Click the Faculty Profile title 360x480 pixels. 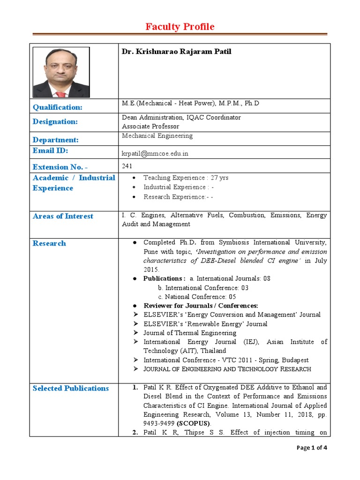point(180,27)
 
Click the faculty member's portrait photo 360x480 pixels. point(61,72)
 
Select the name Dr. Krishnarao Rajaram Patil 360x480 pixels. point(177,52)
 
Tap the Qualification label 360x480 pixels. point(57,107)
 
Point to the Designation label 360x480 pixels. point(55,122)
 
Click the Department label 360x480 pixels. point(55,140)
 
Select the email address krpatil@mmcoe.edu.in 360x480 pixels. point(155,153)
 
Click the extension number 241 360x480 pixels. point(127,165)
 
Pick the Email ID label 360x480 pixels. point(50,150)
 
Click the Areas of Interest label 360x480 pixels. point(63,216)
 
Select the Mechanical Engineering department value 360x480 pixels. point(157,136)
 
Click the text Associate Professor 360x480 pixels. point(150,127)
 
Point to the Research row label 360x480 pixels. point(49,243)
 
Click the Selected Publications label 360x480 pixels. point(71,388)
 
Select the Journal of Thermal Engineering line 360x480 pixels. point(190,333)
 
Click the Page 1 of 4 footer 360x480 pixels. point(312,448)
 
